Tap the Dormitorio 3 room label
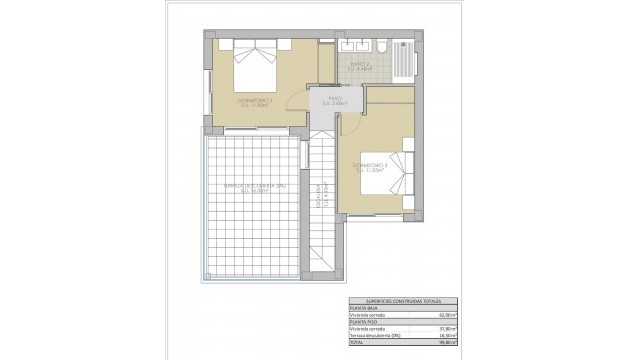[370, 167]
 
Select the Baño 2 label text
[360, 67]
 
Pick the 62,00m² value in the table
[445, 315]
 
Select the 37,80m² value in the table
[445, 329]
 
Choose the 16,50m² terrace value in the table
[445, 336]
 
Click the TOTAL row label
[356, 343]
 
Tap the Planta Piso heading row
[362, 322]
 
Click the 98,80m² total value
[445, 343]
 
